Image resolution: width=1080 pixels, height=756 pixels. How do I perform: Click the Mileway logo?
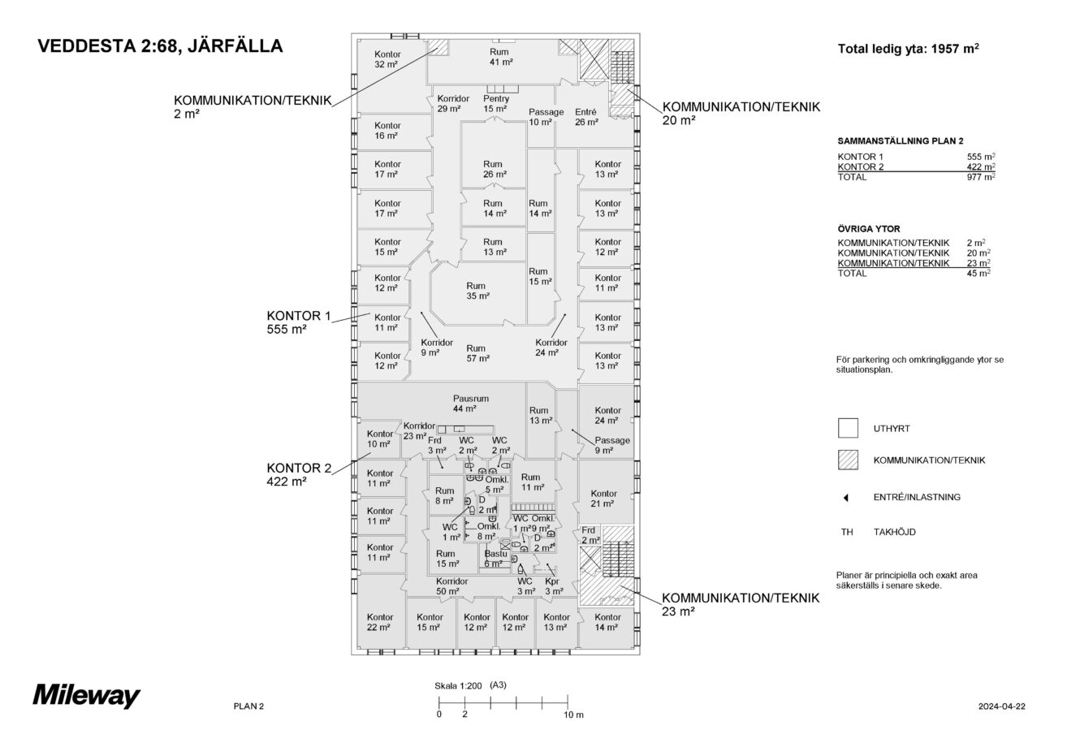coord(86,696)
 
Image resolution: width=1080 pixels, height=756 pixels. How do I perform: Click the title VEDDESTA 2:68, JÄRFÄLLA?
coord(160,46)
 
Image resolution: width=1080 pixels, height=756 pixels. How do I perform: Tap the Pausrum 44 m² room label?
coord(470,404)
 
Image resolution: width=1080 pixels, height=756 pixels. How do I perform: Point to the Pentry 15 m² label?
coord(495,104)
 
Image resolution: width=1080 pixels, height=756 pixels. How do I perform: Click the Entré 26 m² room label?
coord(585,117)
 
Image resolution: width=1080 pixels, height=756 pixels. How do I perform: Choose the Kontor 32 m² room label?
coord(387,59)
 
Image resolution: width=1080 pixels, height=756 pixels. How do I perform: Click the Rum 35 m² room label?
coord(476,291)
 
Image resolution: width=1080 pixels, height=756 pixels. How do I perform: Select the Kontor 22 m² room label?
coord(379,622)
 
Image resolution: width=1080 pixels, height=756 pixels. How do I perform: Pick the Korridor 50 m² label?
coord(451,586)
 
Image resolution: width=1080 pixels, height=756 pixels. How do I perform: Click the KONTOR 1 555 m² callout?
coord(299,322)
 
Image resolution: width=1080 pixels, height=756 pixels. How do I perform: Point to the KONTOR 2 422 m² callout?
coord(299,475)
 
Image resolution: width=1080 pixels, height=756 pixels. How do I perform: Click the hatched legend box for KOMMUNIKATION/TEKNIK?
coord(848,460)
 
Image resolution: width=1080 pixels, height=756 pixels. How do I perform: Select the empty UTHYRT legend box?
coord(848,428)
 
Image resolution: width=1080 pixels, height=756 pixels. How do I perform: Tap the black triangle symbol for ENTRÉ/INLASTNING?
coord(847,497)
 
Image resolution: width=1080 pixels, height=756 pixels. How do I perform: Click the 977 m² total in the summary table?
coord(981,177)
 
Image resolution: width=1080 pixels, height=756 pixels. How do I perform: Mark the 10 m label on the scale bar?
coord(573,715)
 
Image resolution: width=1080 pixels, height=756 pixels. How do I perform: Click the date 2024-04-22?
coord(1002,706)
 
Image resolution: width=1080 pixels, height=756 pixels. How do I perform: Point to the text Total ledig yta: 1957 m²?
coord(908,49)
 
